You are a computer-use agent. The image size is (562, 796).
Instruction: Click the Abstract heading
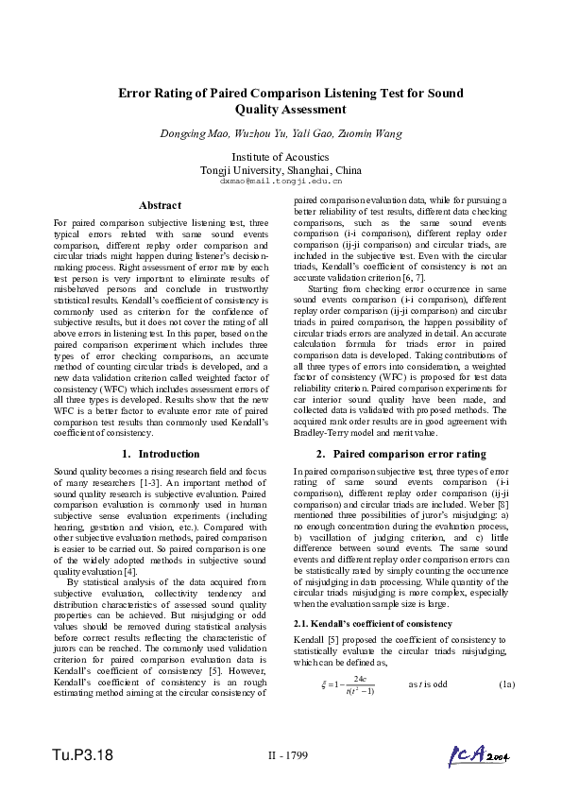pos(160,205)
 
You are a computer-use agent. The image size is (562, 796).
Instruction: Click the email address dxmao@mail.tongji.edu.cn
pos(281,180)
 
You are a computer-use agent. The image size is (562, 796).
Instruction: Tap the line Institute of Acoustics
pos(281,156)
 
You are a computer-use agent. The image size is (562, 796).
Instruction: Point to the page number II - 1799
pos(281,755)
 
